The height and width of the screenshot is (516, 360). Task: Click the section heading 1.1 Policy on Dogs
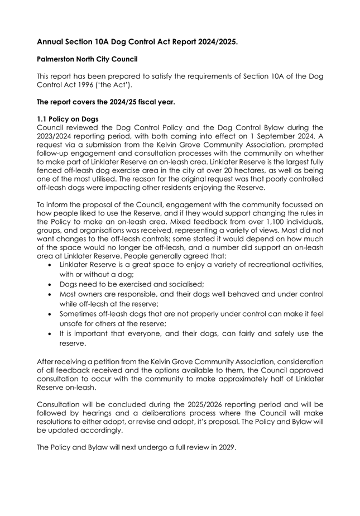pos(68,119)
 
